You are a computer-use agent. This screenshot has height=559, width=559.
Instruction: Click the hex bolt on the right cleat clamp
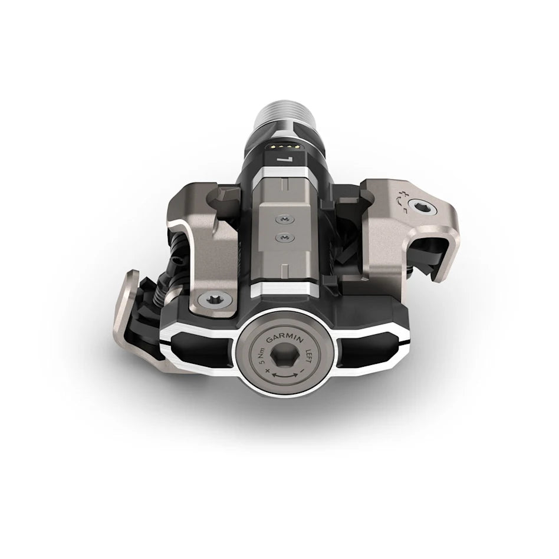pos(423,207)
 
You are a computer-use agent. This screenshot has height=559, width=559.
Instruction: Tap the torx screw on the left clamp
pos(207,301)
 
